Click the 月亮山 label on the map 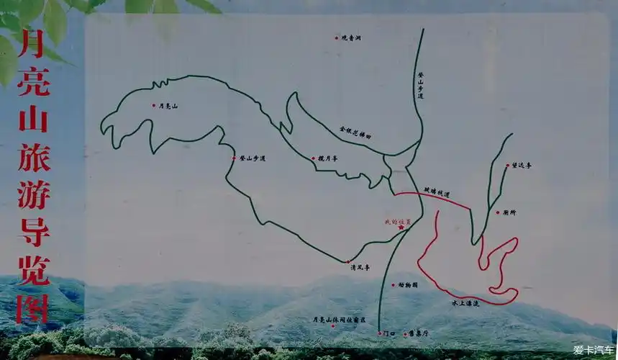[168, 106]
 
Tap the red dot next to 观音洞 [336, 37]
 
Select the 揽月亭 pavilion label [325, 158]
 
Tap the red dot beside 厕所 [497, 212]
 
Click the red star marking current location [401, 228]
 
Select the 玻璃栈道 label [436, 192]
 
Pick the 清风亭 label [360, 267]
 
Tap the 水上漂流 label [465, 304]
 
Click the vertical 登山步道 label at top [420, 85]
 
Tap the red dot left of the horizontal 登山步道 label [234, 158]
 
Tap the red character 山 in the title [33, 117]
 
